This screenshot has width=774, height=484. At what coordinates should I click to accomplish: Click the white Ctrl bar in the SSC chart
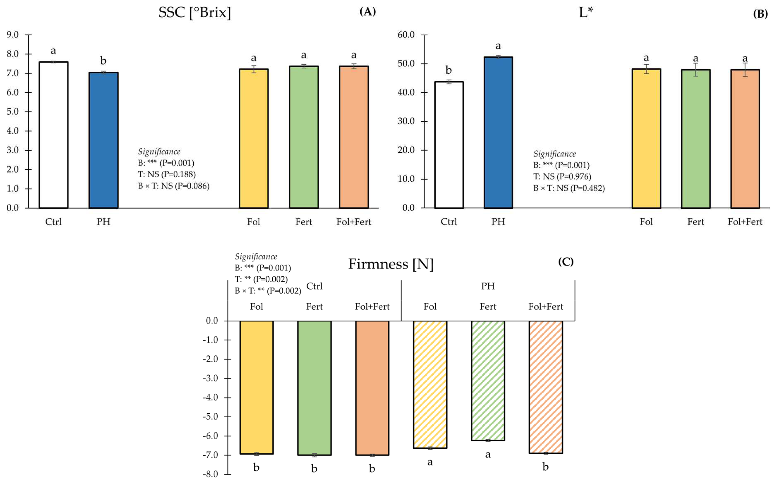pyautogui.click(x=53, y=134)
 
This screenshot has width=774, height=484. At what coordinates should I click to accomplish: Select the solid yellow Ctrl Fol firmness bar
pyautogui.click(x=257, y=387)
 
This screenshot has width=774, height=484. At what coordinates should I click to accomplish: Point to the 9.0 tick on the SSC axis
pyautogui.click(x=13, y=35)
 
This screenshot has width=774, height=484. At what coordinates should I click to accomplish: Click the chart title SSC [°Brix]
pyautogui.click(x=194, y=13)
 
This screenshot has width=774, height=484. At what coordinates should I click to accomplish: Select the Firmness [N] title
pyautogui.click(x=391, y=264)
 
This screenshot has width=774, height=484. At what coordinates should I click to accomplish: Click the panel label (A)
pyautogui.click(x=367, y=12)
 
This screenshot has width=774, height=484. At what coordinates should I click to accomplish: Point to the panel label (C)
pyautogui.click(x=565, y=262)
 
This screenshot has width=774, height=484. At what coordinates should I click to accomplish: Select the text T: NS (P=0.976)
pyautogui.click(x=562, y=177)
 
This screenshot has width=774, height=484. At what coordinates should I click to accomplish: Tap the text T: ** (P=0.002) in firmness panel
pyautogui.click(x=261, y=279)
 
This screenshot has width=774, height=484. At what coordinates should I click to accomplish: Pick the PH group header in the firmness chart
pyautogui.click(x=488, y=286)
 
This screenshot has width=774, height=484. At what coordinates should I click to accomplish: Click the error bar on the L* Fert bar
pyautogui.click(x=695, y=69)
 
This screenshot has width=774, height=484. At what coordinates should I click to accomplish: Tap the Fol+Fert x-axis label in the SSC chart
pyautogui.click(x=354, y=222)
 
